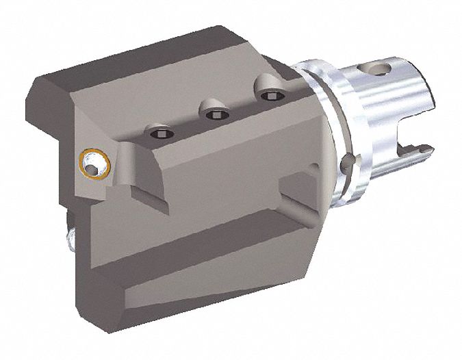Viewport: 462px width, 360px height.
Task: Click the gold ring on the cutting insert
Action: click(93, 163)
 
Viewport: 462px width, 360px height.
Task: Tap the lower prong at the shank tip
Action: click(423, 150)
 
